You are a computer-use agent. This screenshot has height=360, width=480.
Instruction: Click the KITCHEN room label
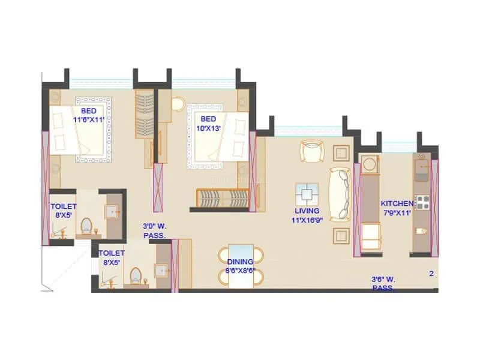[397, 203]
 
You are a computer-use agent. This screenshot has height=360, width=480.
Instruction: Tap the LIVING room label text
[307, 211]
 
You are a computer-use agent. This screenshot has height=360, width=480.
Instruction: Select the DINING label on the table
[239, 262]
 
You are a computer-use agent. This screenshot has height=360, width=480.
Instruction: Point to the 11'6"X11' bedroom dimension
[89, 119]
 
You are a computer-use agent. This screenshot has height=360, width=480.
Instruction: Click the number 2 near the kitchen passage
[431, 274]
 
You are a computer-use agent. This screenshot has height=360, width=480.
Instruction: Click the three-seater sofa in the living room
[339, 193]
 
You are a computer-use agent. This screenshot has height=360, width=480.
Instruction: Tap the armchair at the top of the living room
[311, 151]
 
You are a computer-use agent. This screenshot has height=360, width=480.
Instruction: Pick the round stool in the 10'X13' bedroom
[179, 104]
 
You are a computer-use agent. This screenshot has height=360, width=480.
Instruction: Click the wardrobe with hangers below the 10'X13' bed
[223, 197]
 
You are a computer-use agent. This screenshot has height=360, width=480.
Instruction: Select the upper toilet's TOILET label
[63, 206]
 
